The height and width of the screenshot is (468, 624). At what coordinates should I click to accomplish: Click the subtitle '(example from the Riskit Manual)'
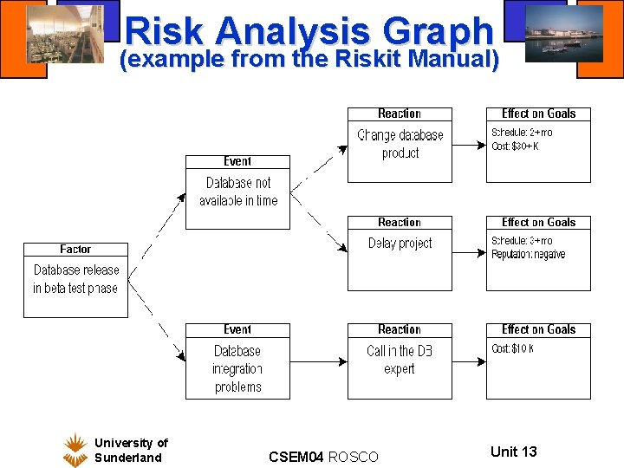tap(309, 60)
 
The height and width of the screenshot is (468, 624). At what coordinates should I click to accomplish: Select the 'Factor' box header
tap(75, 250)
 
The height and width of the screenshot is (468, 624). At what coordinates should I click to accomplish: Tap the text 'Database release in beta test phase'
tap(75, 279)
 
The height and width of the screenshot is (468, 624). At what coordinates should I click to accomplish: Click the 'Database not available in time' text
tap(238, 192)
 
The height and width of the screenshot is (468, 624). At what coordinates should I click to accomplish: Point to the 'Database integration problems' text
tap(237, 368)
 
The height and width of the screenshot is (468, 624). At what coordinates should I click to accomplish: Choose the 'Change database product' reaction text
tap(400, 144)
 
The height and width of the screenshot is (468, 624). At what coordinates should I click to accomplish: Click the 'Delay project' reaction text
tap(400, 244)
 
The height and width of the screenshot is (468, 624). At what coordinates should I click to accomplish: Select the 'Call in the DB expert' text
tap(400, 360)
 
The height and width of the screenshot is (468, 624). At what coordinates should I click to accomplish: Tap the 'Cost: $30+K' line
tap(515, 146)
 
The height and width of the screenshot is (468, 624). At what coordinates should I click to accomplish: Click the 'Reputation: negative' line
tap(528, 255)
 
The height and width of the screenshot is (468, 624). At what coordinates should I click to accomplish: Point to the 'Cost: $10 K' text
tap(512, 348)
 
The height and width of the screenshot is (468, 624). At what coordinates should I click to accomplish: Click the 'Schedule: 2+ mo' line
tap(521, 133)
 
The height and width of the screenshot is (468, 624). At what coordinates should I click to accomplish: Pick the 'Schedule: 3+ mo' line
tap(521, 241)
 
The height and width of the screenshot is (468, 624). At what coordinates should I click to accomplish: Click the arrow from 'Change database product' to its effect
tap(469, 146)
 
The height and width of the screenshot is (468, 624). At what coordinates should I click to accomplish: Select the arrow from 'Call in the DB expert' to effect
tap(469, 361)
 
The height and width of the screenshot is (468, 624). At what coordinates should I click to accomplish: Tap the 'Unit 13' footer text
tap(513, 451)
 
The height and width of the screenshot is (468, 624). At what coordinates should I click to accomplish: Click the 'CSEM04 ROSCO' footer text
tap(323, 456)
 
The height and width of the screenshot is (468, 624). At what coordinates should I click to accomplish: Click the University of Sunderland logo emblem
tap(75, 450)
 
